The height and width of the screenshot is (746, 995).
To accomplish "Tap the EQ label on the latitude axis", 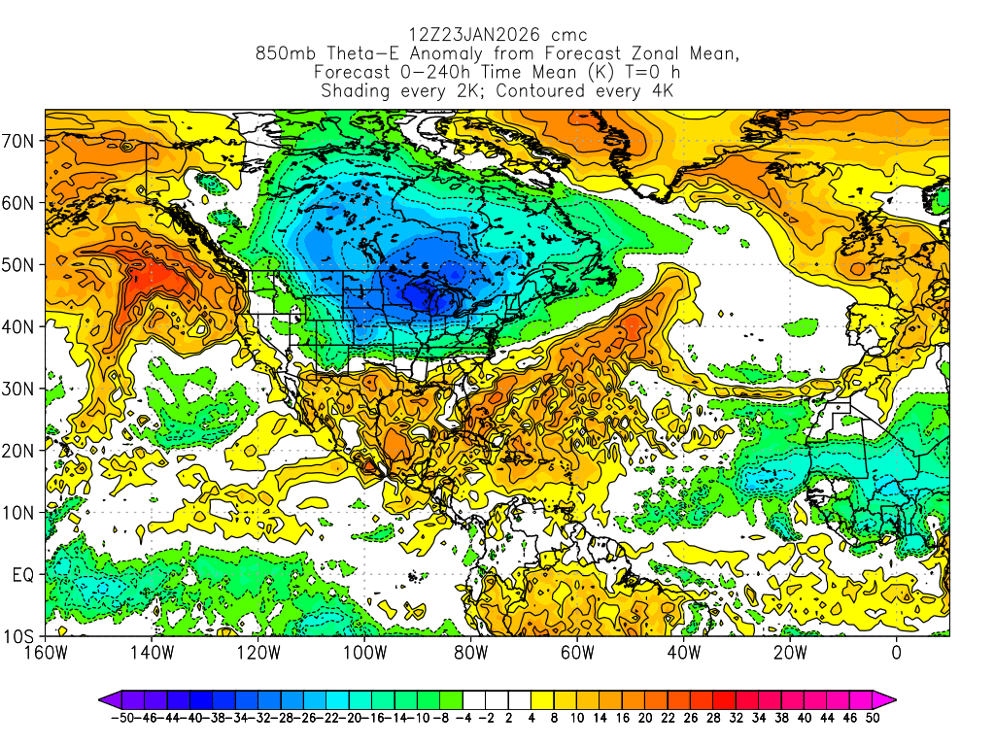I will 23,575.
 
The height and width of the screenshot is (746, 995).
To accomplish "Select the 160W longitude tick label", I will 46,653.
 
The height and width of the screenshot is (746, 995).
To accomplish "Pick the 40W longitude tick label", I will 684,653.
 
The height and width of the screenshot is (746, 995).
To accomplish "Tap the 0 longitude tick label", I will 897,653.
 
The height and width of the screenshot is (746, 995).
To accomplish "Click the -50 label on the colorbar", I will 121,718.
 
